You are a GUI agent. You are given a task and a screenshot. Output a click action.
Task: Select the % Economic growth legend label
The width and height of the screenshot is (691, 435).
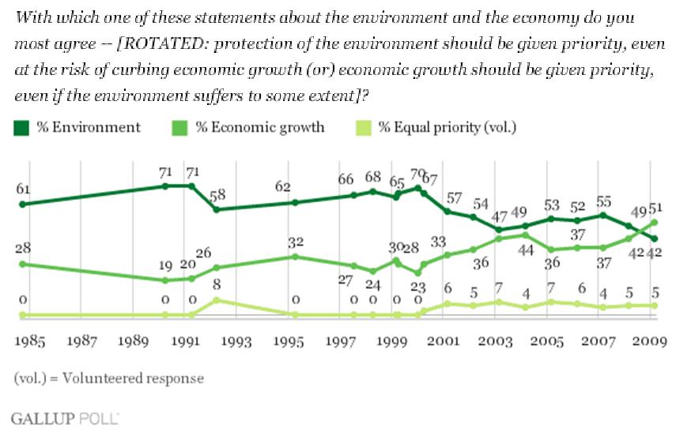pyautogui.click(x=259, y=127)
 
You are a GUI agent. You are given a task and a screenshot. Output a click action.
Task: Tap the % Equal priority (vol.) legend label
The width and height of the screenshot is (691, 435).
pyautogui.click(x=447, y=127)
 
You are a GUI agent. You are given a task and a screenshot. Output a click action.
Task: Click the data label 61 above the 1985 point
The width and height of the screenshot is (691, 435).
pyautogui.click(x=22, y=189)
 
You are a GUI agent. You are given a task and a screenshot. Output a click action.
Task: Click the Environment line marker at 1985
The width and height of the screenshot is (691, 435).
pyautogui.click(x=22, y=204)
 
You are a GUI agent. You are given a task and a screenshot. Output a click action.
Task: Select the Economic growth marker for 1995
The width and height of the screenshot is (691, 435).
pyautogui.click(x=294, y=257)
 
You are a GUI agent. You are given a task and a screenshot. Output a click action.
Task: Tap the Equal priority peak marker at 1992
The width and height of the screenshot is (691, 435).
pyautogui.click(x=217, y=300)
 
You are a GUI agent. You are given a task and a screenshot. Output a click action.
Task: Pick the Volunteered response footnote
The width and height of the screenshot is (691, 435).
pyautogui.click(x=108, y=378)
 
